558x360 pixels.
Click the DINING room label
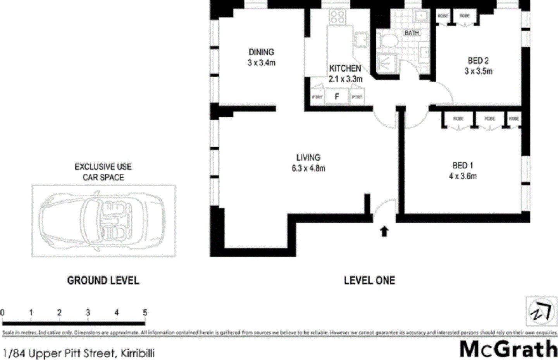[x=261, y=52]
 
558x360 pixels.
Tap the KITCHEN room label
[x=345, y=69]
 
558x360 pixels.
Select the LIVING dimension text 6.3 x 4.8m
[x=308, y=169]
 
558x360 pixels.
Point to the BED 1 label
[x=463, y=165]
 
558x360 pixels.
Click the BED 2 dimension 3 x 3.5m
[x=478, y=71]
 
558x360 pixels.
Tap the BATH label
[x=412, y=33]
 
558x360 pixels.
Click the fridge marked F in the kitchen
[x=337, y=97]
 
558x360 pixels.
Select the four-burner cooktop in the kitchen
[x=338, y=17]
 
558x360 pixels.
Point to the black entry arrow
[x=384, y=231]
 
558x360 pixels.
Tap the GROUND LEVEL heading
[x=103, y=281]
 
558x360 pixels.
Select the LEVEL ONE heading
[x=369, y=281]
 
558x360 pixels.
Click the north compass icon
[x=541, y=311]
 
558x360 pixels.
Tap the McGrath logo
[x=508, y=349]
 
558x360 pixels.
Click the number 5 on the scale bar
[x=145, y=313]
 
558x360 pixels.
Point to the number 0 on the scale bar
[x=2, y=313]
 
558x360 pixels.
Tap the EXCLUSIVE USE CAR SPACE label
[x=103, y=172]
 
